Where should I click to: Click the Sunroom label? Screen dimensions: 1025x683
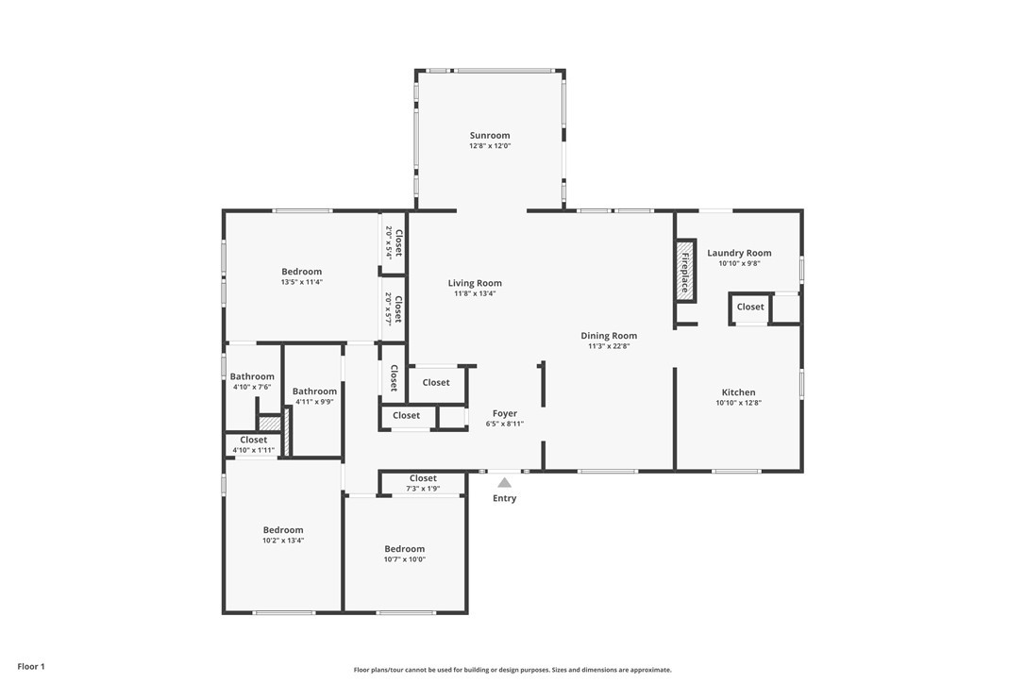[x=490, y=135]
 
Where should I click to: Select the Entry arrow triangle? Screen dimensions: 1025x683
[x=504, y=482]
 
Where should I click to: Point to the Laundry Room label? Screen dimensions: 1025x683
[x=739, y=253]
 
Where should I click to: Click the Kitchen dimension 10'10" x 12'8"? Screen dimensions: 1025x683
[x=739, y=403]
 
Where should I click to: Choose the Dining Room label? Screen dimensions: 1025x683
[x=609, y=335]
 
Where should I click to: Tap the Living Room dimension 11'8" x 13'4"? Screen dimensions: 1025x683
[x=476, y=293]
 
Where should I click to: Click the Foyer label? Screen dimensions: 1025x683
[x=505, y=413]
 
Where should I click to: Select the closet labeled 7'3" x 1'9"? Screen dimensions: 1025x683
[x=423, y=483]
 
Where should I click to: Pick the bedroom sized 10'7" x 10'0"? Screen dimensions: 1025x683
[x=405, y=555]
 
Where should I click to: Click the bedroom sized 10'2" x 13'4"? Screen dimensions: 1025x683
[x=283, y=535]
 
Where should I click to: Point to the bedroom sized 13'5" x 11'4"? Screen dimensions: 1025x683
[x=302, y=276]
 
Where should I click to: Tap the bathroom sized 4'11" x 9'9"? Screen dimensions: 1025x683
[x=314, y=396]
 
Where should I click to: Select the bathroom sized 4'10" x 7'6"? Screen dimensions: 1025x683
[x=252, y=381]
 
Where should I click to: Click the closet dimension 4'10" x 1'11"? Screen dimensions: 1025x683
[x=254, y=450]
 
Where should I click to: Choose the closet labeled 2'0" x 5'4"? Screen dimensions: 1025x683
[x=394, y=242]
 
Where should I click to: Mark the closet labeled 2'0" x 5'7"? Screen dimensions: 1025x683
[x=394, y=308]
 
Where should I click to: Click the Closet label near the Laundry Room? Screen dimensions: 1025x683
[x=750, y=307]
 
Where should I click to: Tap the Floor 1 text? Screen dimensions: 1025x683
[x=31, y=667]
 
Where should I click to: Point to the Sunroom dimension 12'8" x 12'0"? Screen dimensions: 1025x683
[x=490, y=145]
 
